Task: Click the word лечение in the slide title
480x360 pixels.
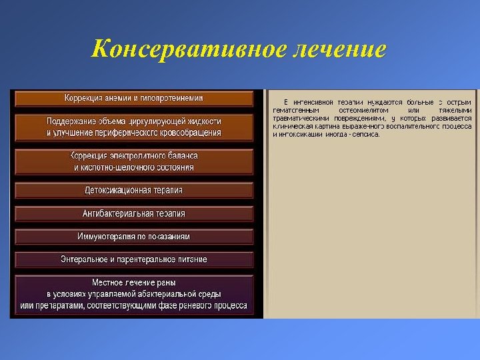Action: (338, 49)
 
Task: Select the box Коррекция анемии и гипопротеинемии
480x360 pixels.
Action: (133, 98)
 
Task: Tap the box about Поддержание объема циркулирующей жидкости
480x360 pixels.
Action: (133, 127)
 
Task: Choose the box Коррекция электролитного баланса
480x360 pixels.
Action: (133, 161)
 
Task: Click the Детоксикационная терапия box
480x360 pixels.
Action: (133, 190)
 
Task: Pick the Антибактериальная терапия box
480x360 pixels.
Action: (133, 213)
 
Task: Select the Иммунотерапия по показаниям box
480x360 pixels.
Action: (133, 236)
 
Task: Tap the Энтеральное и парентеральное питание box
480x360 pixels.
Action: (133, 259)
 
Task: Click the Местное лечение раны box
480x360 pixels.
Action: (133, 294)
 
